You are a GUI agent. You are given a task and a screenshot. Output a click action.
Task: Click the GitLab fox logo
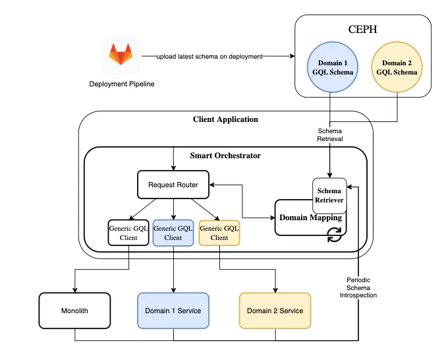point(121,55)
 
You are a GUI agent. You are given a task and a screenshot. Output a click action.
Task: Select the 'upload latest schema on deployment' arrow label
point(209,57)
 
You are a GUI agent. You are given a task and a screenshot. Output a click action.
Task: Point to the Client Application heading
point(225,119)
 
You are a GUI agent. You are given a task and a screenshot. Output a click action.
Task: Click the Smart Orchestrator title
point(225,156)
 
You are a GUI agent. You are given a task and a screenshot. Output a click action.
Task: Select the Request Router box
point(172,185)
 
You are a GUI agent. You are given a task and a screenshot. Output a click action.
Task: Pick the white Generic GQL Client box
point(128,232)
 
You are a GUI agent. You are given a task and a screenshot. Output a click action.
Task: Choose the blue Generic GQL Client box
point(173,232)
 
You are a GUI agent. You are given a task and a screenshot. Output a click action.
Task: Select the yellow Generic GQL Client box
point(219,232)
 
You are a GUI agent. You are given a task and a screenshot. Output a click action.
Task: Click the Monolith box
point(74,311)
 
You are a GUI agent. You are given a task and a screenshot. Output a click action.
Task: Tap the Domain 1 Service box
point(173,311)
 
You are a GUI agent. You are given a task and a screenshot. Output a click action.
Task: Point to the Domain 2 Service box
point(275,311)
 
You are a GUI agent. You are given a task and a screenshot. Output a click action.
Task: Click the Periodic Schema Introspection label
point(362,287)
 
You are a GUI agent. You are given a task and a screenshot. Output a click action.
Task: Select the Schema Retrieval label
point(329,135)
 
